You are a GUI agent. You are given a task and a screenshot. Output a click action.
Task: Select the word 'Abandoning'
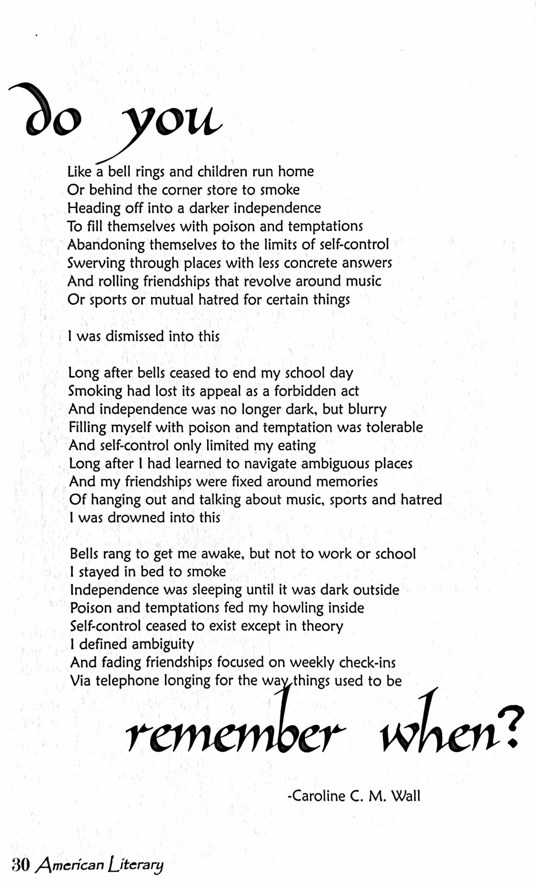(106, 245)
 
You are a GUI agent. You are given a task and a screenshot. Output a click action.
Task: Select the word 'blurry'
(367, 409)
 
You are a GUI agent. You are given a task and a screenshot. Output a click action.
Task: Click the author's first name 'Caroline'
(316, 796)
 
